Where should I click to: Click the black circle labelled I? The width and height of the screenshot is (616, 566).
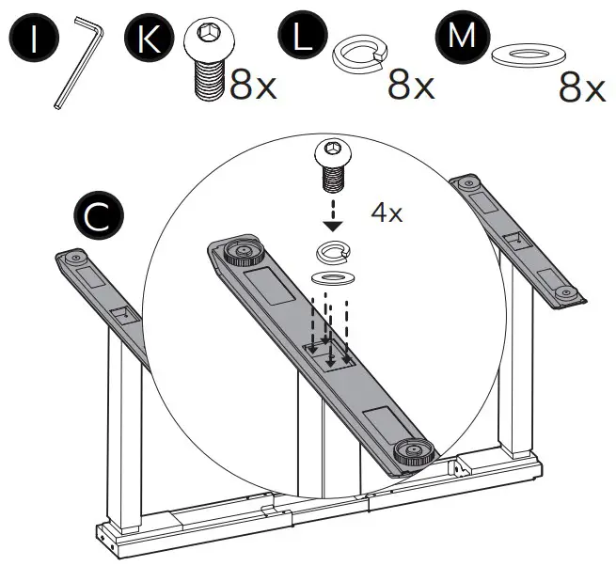click(34, 39)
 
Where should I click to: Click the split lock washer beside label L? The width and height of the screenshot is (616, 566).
click(358, 55)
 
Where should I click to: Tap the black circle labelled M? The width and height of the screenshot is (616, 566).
click(462, 39)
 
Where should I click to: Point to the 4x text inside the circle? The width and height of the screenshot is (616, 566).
click(387, 212)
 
